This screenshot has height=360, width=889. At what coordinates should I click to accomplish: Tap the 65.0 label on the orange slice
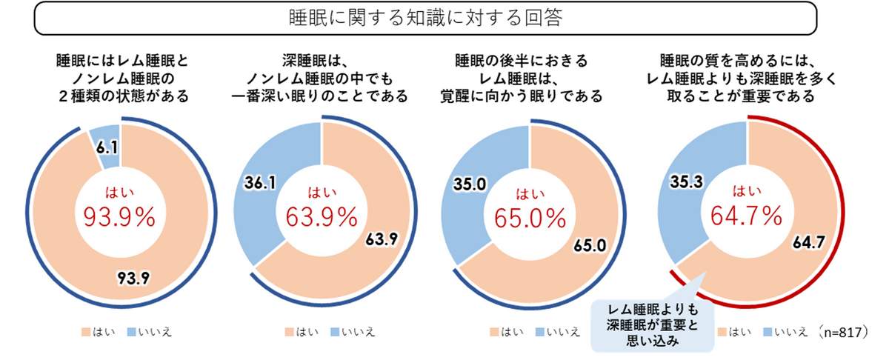(x=589, y=244)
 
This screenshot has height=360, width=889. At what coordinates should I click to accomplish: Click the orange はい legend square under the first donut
(x=85, y=332)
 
